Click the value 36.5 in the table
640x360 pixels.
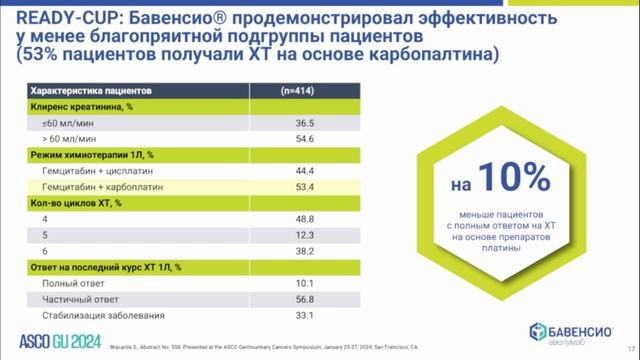(x=263, y=123)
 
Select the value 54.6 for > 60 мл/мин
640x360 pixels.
(x=263, y=139)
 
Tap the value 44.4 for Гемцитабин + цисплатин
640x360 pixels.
(x=263, y=171)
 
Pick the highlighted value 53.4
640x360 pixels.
(x=263, y=187)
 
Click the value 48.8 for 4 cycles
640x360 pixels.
(x=263, y=219)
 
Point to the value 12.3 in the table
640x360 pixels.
(x=263, y=235)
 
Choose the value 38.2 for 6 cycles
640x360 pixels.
(x=263, y=251)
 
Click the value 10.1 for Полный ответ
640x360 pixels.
(x=263, y=283)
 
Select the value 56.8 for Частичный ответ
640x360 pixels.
(x=263, y=299)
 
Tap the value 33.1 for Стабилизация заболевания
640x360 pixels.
(x=263, y=315)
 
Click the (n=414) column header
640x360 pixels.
(x=263, y=90)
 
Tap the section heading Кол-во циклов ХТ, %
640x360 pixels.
(x=76, y=203)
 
